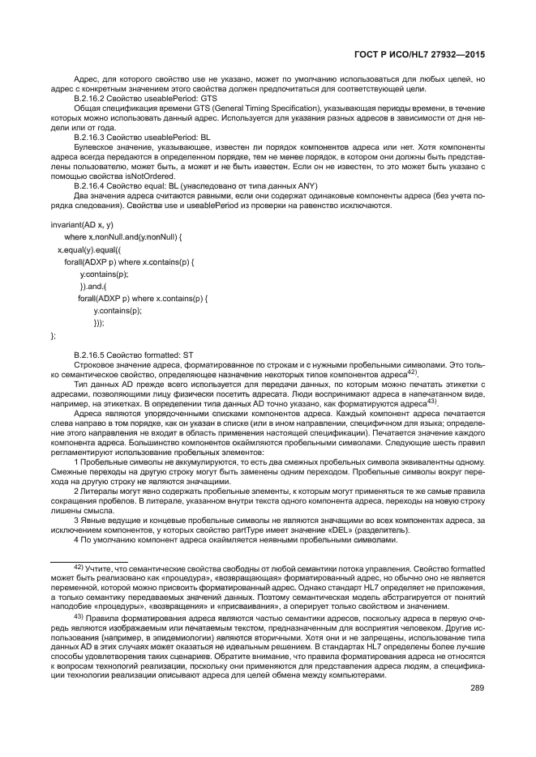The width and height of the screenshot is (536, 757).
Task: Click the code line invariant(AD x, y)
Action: click(x=82, y=223)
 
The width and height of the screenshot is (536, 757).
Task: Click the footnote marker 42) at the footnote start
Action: click(x=79, y=569)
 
